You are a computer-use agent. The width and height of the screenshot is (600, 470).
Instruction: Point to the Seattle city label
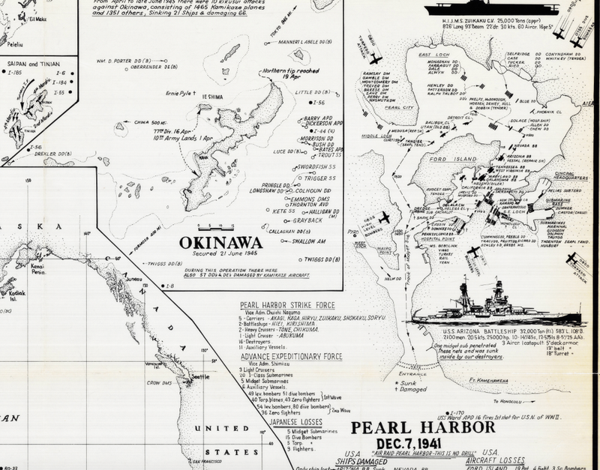click(200, 376)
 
